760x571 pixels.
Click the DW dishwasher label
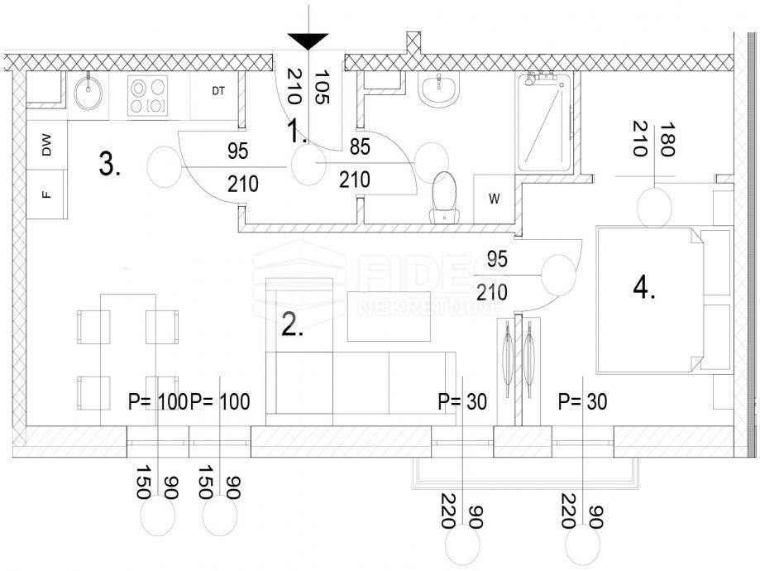pos(46,145)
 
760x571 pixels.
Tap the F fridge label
pos(46,194)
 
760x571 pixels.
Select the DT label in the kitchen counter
pos(218,91)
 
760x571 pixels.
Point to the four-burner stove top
pos(148,95)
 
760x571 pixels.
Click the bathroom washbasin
pos(438,89)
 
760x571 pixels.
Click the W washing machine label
pos(495,199)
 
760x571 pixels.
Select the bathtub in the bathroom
pos(545,122)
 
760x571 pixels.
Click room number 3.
pos(109,164)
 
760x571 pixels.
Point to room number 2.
pos(292,325)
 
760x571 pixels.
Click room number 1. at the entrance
pos(297,131)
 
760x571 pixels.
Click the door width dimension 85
pos(360,146)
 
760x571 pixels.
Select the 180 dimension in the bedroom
pos(667,139)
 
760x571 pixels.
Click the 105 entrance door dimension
pos(322,87)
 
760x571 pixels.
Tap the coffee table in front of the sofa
pos(390,316)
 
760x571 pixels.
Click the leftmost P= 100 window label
pos(157,401)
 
